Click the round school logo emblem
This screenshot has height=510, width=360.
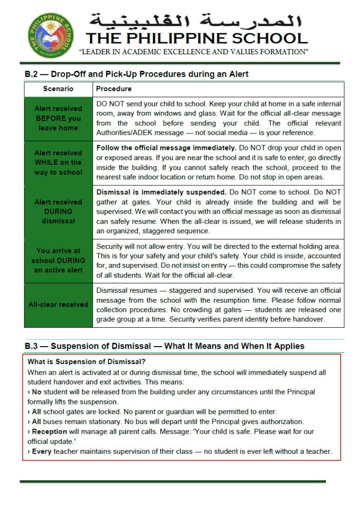click(50, 35)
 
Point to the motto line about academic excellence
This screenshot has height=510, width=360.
click(194, 52)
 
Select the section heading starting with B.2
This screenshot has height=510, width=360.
click(136, 74)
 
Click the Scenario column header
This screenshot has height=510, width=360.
click(58, 89)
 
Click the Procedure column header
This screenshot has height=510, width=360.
click(114, 89)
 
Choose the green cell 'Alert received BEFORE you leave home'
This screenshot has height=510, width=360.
click(58, 118)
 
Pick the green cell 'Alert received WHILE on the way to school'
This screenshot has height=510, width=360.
click(58, 162)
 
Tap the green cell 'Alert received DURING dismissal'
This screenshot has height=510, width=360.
click(58, 211)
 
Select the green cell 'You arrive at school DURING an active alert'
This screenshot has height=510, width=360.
click(58, 260)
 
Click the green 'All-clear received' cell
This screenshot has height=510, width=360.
click(58, 304)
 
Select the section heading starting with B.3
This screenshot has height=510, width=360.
click(164, 346)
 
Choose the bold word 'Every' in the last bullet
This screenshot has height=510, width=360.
click(42, 451)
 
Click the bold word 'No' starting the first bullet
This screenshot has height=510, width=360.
click(37, 392)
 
